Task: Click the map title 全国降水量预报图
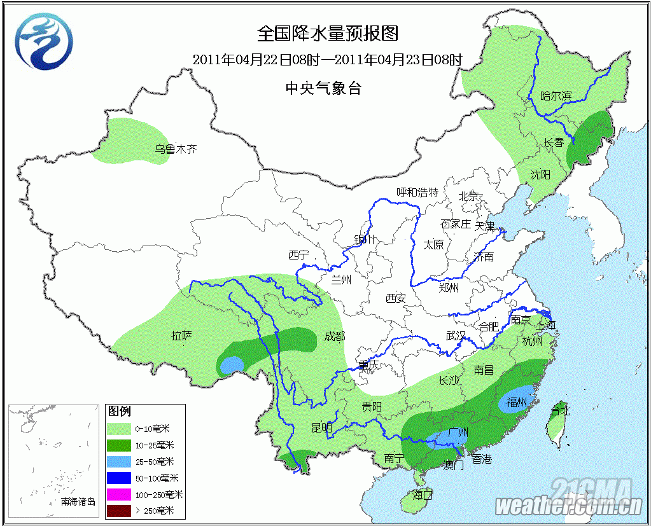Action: point(327,32)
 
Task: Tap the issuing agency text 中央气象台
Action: point(323,88)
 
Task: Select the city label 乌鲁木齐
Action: point(176,150)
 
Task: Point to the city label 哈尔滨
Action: point(556,96)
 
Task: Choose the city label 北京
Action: point(469,196)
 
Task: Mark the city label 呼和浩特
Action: point(417,192)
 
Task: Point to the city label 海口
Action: point(422,494)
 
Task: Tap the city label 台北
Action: point(561,410)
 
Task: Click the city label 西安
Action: point(395,298)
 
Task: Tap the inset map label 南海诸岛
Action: point(78,502)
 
